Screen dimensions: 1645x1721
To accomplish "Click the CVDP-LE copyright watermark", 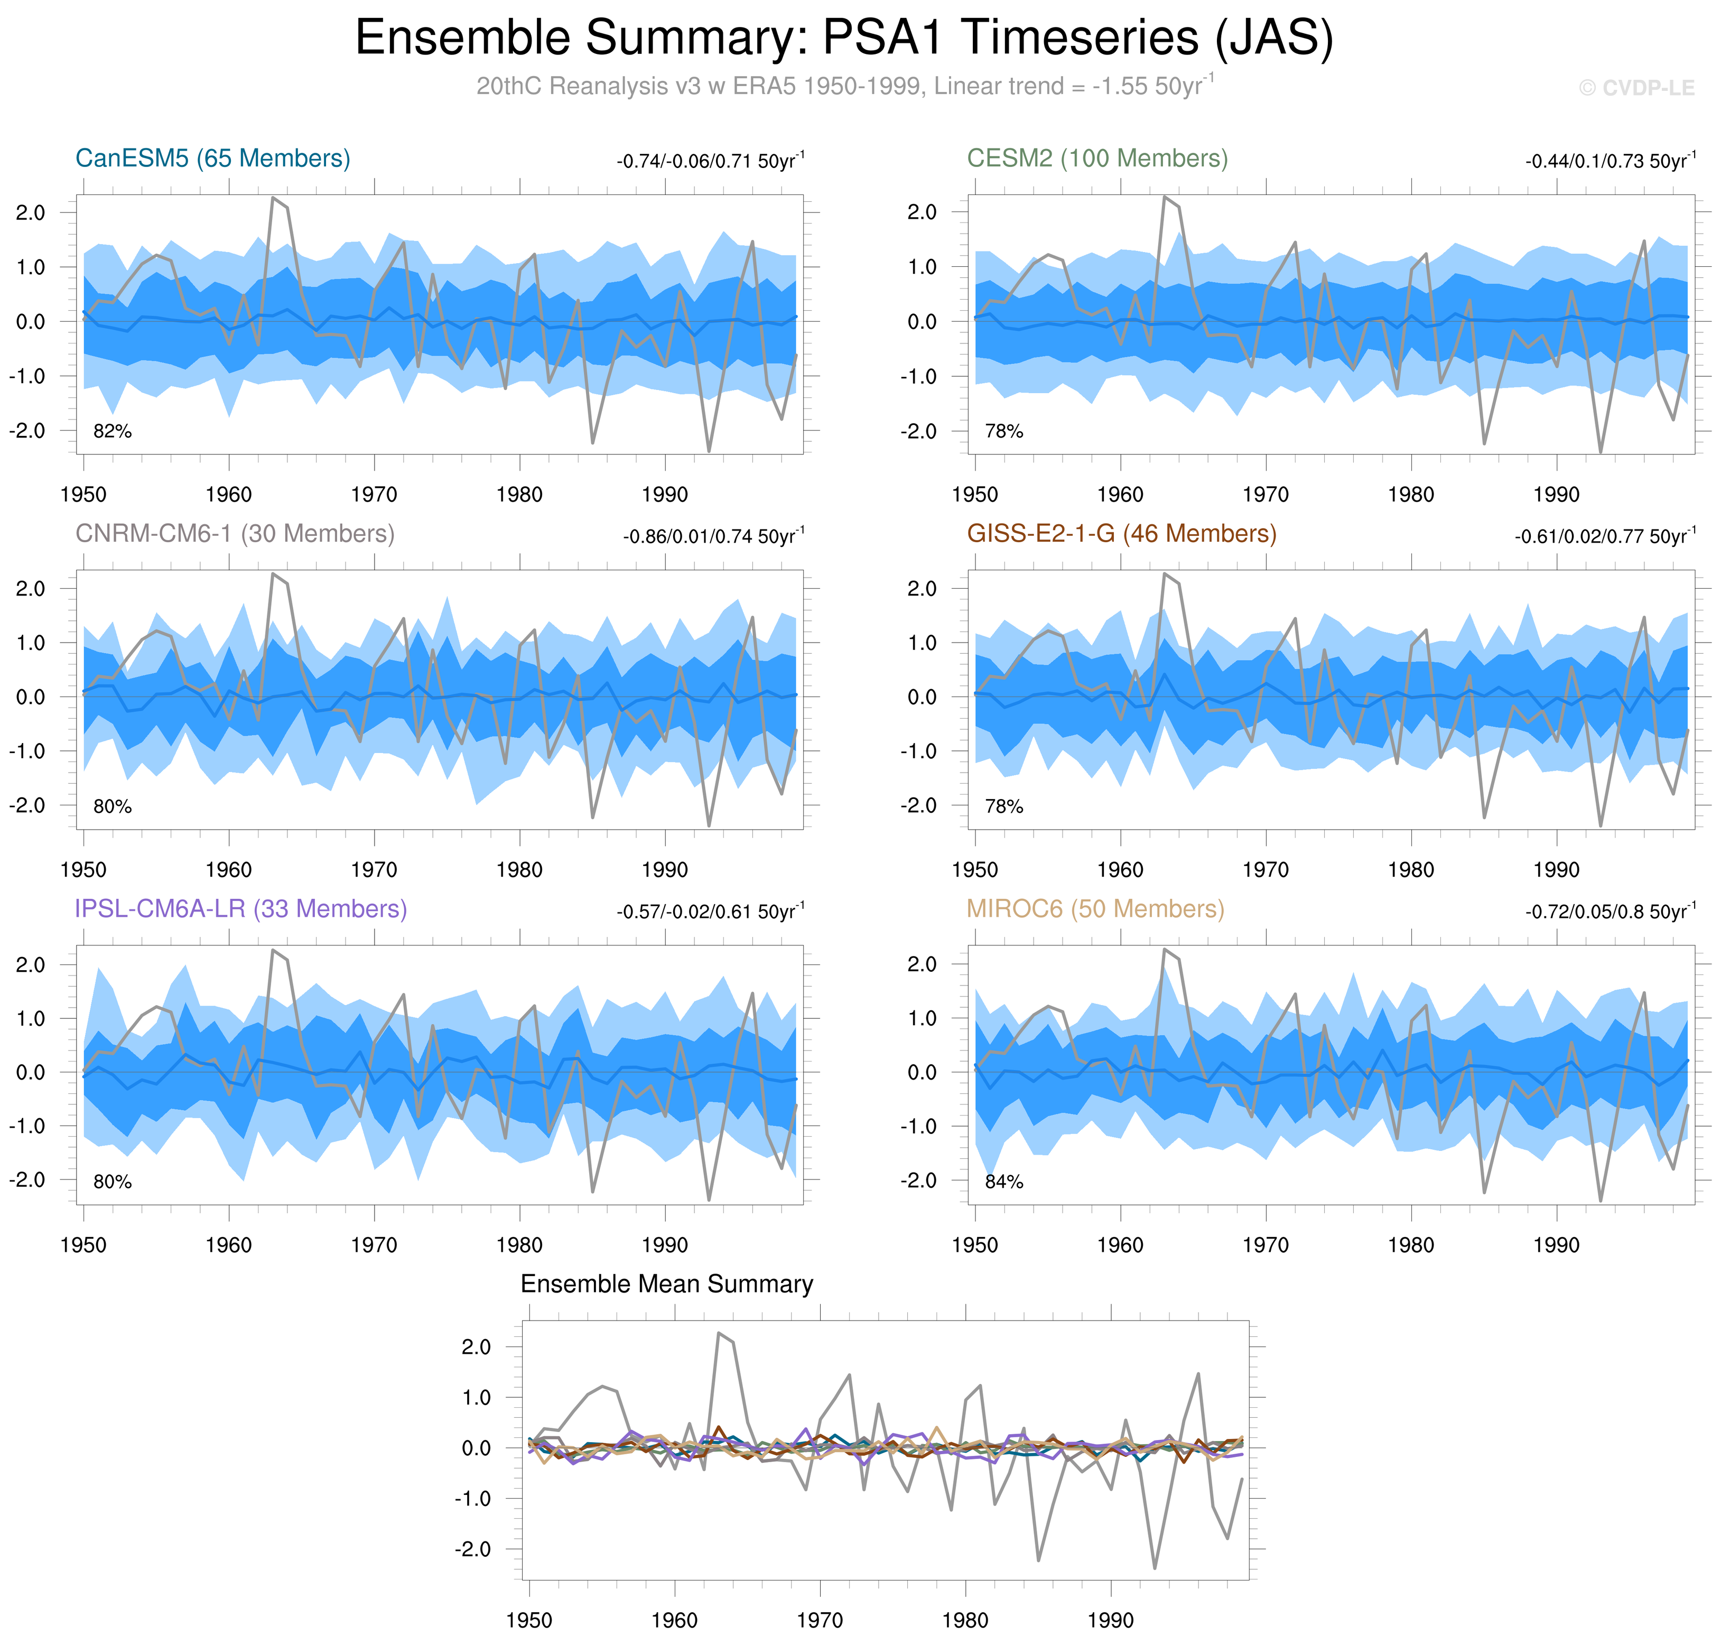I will click(1636, 88).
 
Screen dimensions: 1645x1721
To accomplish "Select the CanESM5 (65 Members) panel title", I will click(213, 159).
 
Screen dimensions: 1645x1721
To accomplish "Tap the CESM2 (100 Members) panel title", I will click(1097, 159).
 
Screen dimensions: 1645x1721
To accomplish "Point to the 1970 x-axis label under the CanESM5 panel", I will click(374, 495).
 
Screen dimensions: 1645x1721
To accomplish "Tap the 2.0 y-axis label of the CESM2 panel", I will click(922, 212).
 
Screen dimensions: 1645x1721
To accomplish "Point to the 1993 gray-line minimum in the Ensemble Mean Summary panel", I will click(1155, 1569).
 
